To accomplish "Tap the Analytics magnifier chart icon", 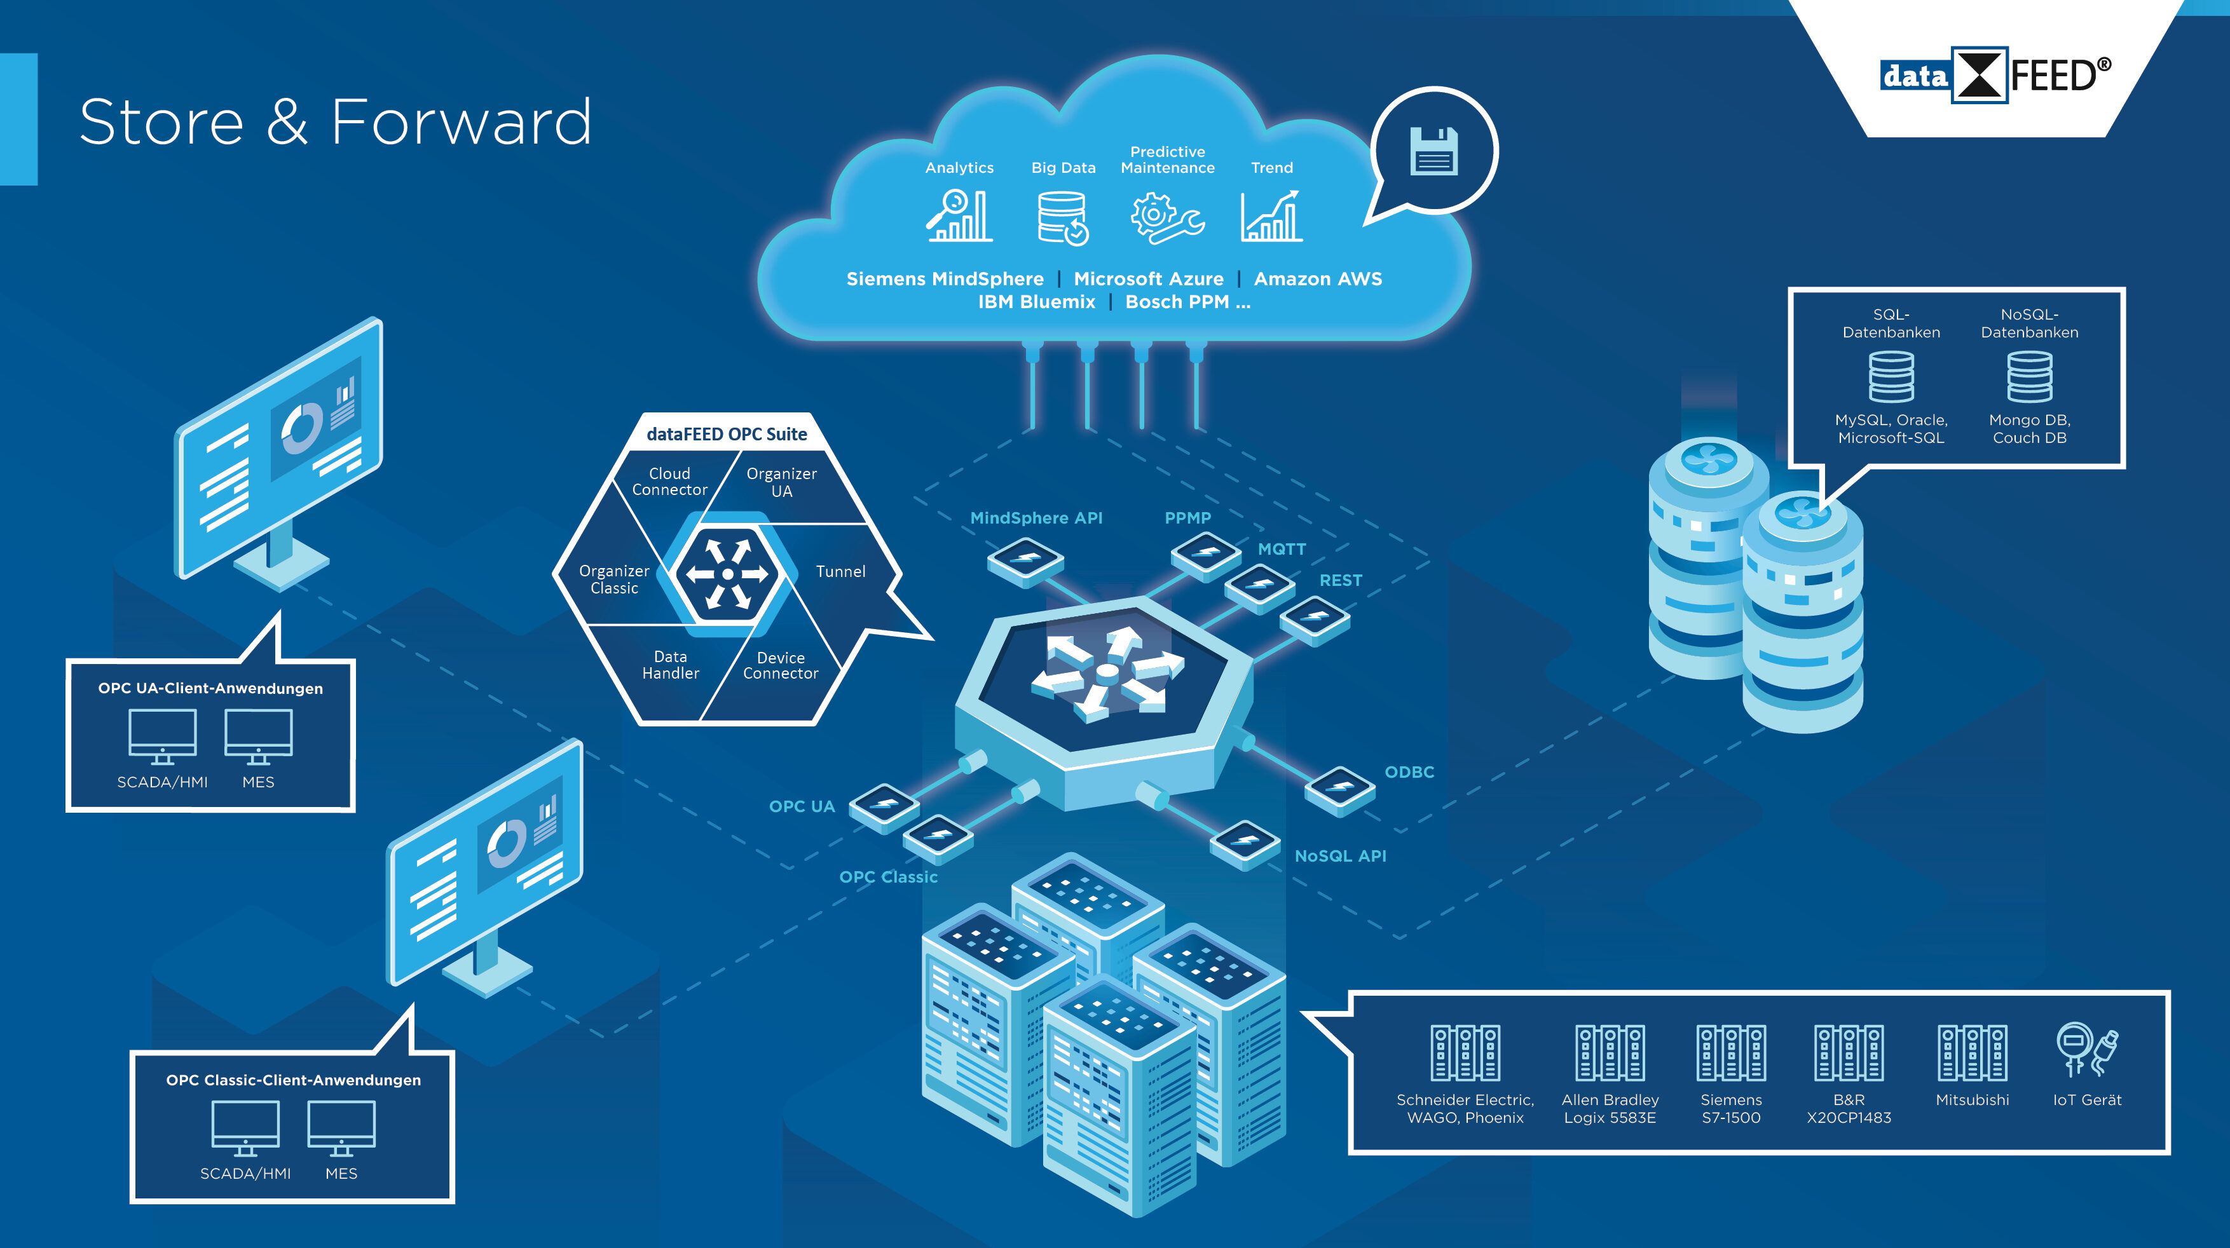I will (959, 216).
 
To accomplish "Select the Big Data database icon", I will (1063, 218).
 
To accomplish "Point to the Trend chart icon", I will (1271, 216).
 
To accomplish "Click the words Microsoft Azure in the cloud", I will (1148, 279).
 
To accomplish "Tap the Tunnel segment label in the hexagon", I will (840, 571).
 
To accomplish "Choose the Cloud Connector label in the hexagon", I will (669, 481).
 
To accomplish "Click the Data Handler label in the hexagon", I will (670, 665).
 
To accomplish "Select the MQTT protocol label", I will (1281, 549).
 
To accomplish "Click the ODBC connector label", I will (1409, 772).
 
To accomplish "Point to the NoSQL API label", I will (1340, 856).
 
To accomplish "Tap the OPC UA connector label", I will (802, 806).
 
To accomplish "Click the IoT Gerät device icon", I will (2086, 1050).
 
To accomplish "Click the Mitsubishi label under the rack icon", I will (1972, 1100).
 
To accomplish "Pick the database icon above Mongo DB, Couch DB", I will (2029, 376).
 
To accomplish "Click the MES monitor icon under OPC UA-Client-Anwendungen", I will (258, 736).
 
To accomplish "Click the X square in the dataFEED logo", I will (1979, 75).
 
